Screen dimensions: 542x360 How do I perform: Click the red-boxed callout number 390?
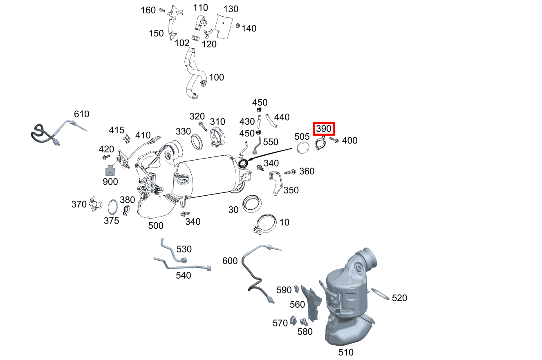click(324, 129)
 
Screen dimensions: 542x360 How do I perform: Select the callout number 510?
click(346, 352)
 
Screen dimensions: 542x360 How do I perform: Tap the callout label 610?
click(81, 114)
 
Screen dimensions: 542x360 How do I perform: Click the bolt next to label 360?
click(290, 172)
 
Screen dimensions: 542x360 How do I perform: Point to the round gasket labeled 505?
click(302, 148)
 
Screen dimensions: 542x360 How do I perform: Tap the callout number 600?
click(230, 261)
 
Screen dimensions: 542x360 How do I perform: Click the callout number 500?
click(156, 226)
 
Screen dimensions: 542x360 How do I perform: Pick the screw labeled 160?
click(162, 9)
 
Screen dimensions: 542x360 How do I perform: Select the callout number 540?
click(183, 275)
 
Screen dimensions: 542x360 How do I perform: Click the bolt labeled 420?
click(107, 157)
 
